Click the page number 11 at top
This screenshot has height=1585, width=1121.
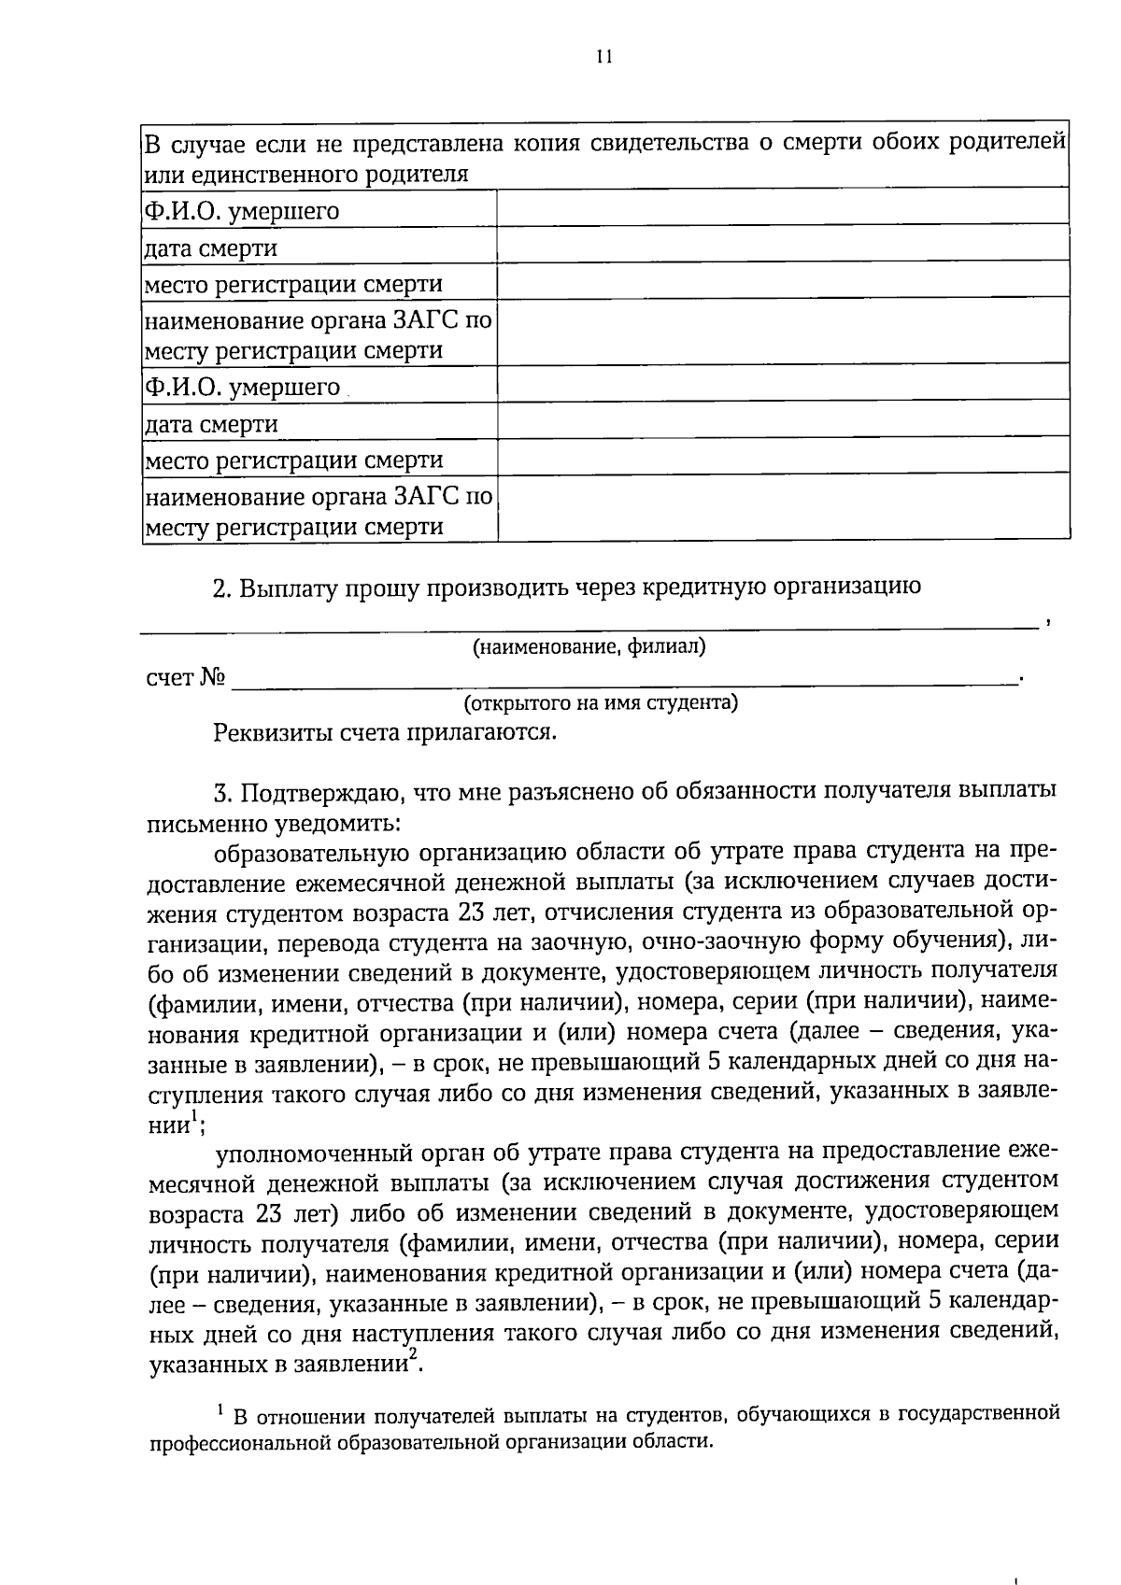tap(603, 57)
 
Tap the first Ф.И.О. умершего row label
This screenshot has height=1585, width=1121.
tap(241, 211)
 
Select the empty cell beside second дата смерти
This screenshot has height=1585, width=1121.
tap(783, 423)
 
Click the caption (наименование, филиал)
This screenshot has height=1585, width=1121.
tap(589, 646)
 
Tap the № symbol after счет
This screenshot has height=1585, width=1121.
tap(212, 677)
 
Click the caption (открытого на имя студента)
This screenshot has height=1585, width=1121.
tap(601, 702)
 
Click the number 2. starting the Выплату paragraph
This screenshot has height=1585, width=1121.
tap(222, 587)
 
